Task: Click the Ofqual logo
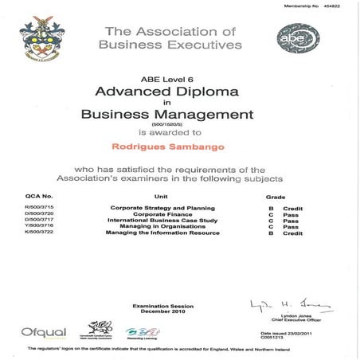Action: [40, 329]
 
